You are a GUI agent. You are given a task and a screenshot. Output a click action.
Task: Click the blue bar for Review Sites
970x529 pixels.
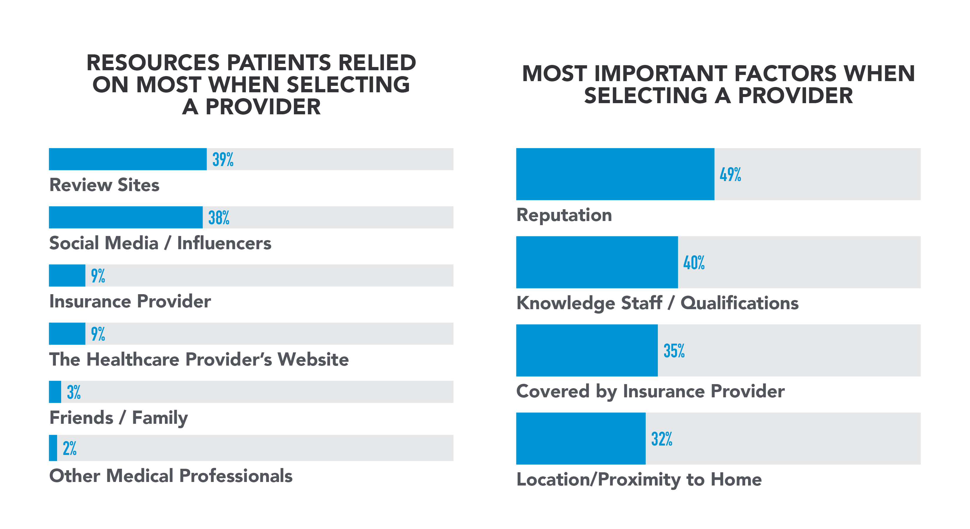128,159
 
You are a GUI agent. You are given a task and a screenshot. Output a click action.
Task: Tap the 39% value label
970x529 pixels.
223,159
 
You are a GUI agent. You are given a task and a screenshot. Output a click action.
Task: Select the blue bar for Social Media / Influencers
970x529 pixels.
126,217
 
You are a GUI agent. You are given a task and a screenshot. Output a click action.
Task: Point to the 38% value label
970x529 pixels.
219,217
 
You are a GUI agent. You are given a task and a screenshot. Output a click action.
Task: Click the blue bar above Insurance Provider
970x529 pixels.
67,275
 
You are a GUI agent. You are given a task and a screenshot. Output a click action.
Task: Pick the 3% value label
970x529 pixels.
74,392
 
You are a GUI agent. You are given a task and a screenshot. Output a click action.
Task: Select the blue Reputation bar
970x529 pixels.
615,174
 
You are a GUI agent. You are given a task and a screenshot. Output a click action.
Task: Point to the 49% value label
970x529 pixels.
730,174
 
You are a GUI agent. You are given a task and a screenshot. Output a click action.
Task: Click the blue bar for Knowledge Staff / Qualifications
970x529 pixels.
597,262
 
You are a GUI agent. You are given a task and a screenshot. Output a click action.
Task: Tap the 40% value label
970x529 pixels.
694,262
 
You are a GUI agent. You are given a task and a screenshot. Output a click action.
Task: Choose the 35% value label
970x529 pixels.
674,351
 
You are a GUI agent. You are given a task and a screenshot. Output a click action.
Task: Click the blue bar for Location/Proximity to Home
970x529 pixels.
581,438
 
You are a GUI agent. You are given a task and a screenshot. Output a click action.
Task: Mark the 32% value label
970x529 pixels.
662,439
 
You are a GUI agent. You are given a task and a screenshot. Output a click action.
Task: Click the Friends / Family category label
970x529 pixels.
119,418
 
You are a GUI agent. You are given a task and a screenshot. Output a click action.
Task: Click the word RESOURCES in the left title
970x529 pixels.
153,63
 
